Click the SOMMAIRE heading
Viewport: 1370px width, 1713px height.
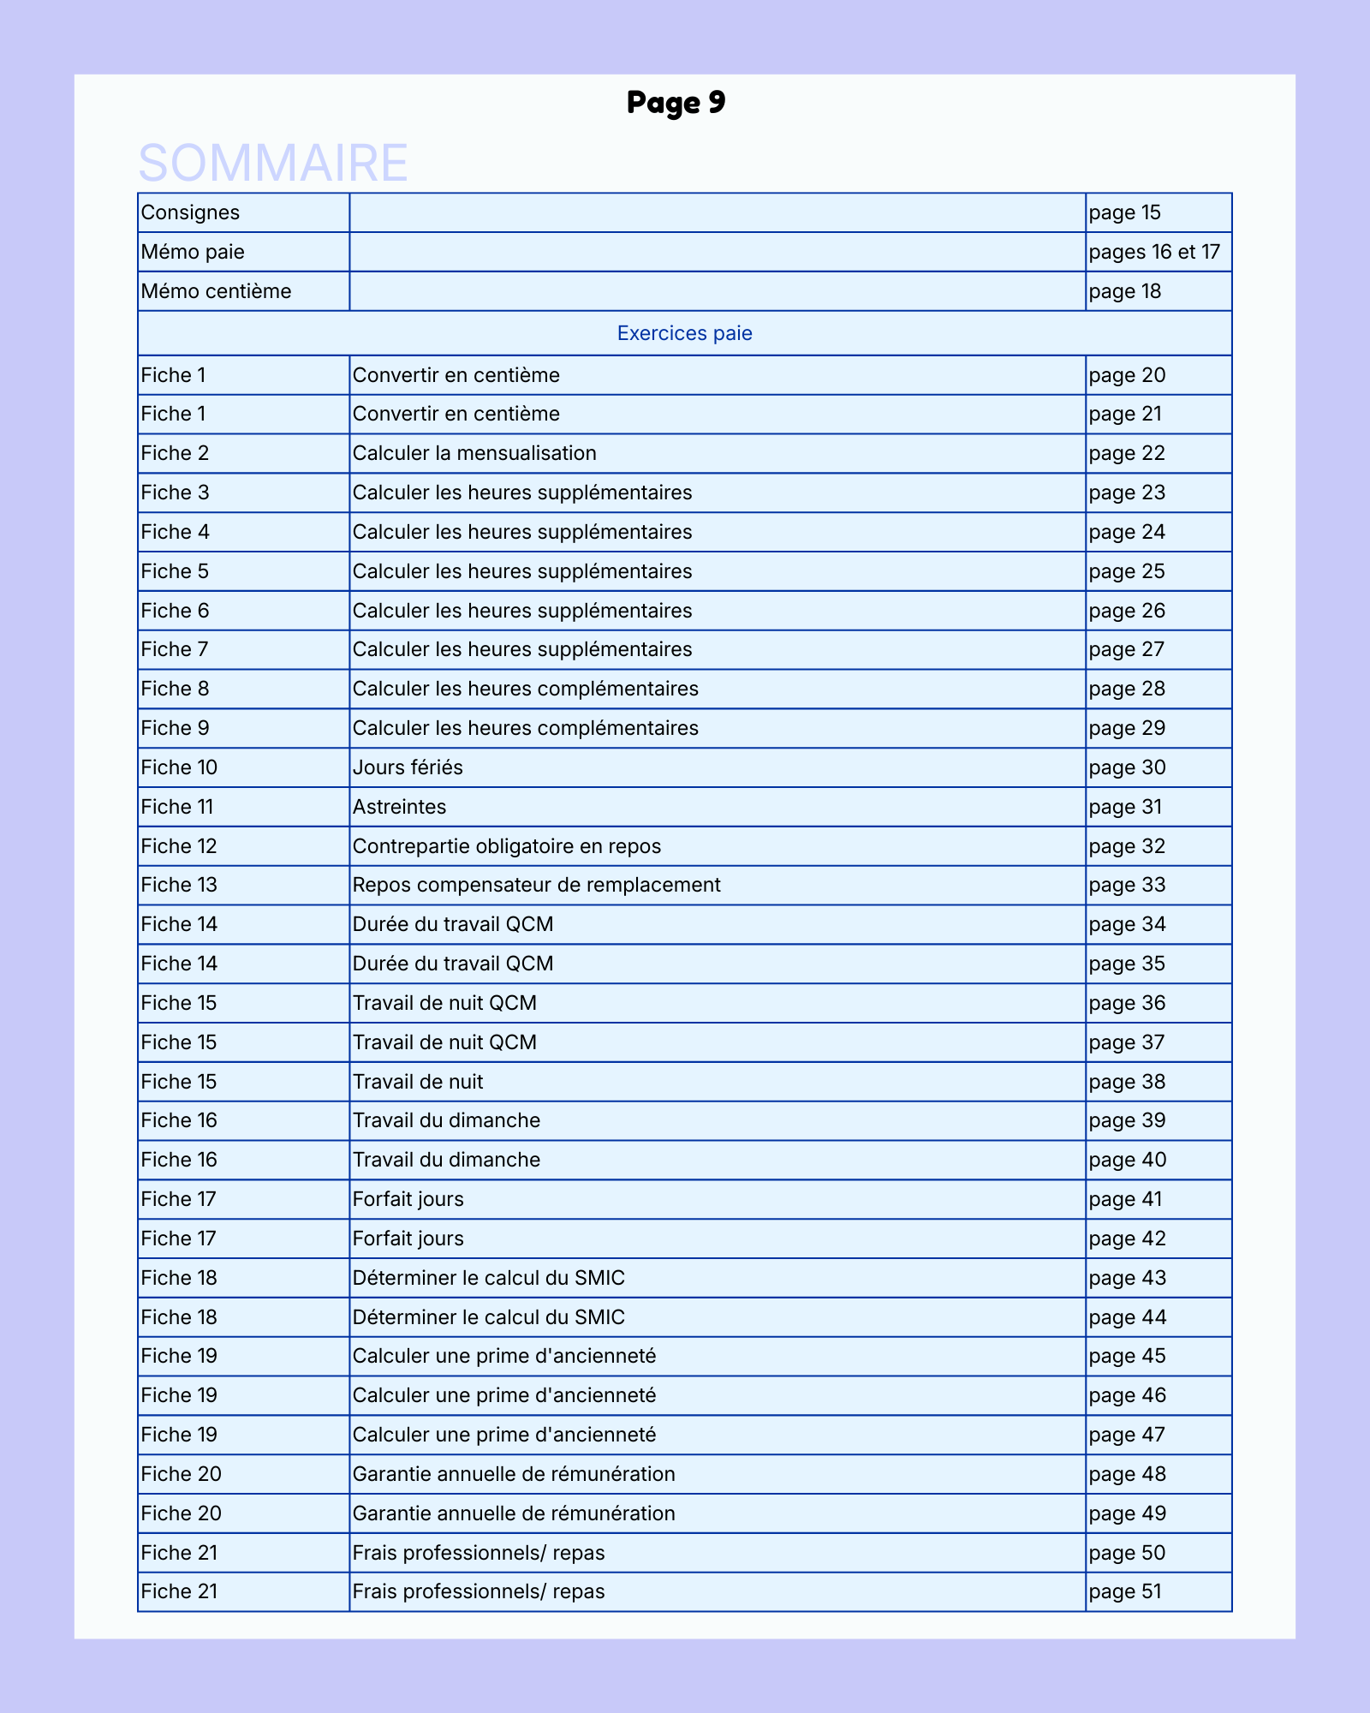pyautogui.click(x=273, y=163)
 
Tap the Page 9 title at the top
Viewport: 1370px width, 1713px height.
pyautogui.click(x=676, y=102)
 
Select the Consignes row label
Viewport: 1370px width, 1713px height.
pyautogui.click(x=190, y=212)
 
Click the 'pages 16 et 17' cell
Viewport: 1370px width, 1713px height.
pyautogui.click(x=1153, y=252)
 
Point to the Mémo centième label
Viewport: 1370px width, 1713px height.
pyautogui.click(x=216, y=291)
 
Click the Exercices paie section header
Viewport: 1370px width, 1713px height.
pyautogui.click(x=684, y=333)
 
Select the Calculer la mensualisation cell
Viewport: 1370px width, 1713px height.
pyautogui.click(x=474, y=453)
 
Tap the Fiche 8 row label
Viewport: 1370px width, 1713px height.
pyautogui.click(x=175, y=689)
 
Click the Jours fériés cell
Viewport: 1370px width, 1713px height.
pyautogui.click(x=408, y=767)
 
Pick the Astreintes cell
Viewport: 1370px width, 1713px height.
pyautogui.click(x=399, y=807)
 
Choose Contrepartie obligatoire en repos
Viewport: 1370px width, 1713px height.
pyautogui.click(x=507, y=846)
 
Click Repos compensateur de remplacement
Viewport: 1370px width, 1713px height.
pyautogui.click(x=537, y=885)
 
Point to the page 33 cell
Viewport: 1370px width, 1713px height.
pyautogui.click(x=1127, y=885)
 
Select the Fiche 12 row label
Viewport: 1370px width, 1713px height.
pyautogui.click(x=179, y=846)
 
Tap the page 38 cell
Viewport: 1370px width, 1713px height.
pyautogui.click(x=1127, y=1082)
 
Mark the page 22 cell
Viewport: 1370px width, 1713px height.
pyautogui.click(x=1127, y=453)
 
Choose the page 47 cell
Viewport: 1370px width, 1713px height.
pyautogui.click(x=1127, y=1435)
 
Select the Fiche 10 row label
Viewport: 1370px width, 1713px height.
pyautogui.click(x=179, y=767)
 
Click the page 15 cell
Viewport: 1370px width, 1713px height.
pyautogui.click(x=1124, y=212)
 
